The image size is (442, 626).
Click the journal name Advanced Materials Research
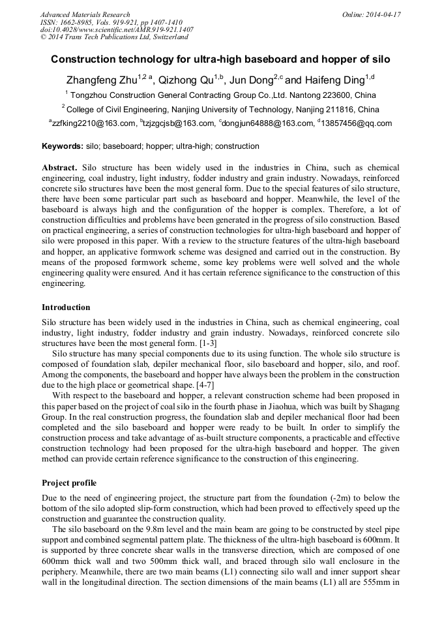coord(85,14)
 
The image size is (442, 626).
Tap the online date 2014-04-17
coord(381,14)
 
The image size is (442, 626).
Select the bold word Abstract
coord(60,168)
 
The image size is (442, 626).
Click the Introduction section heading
coord(66,307)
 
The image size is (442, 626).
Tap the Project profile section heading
coord(69,483)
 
